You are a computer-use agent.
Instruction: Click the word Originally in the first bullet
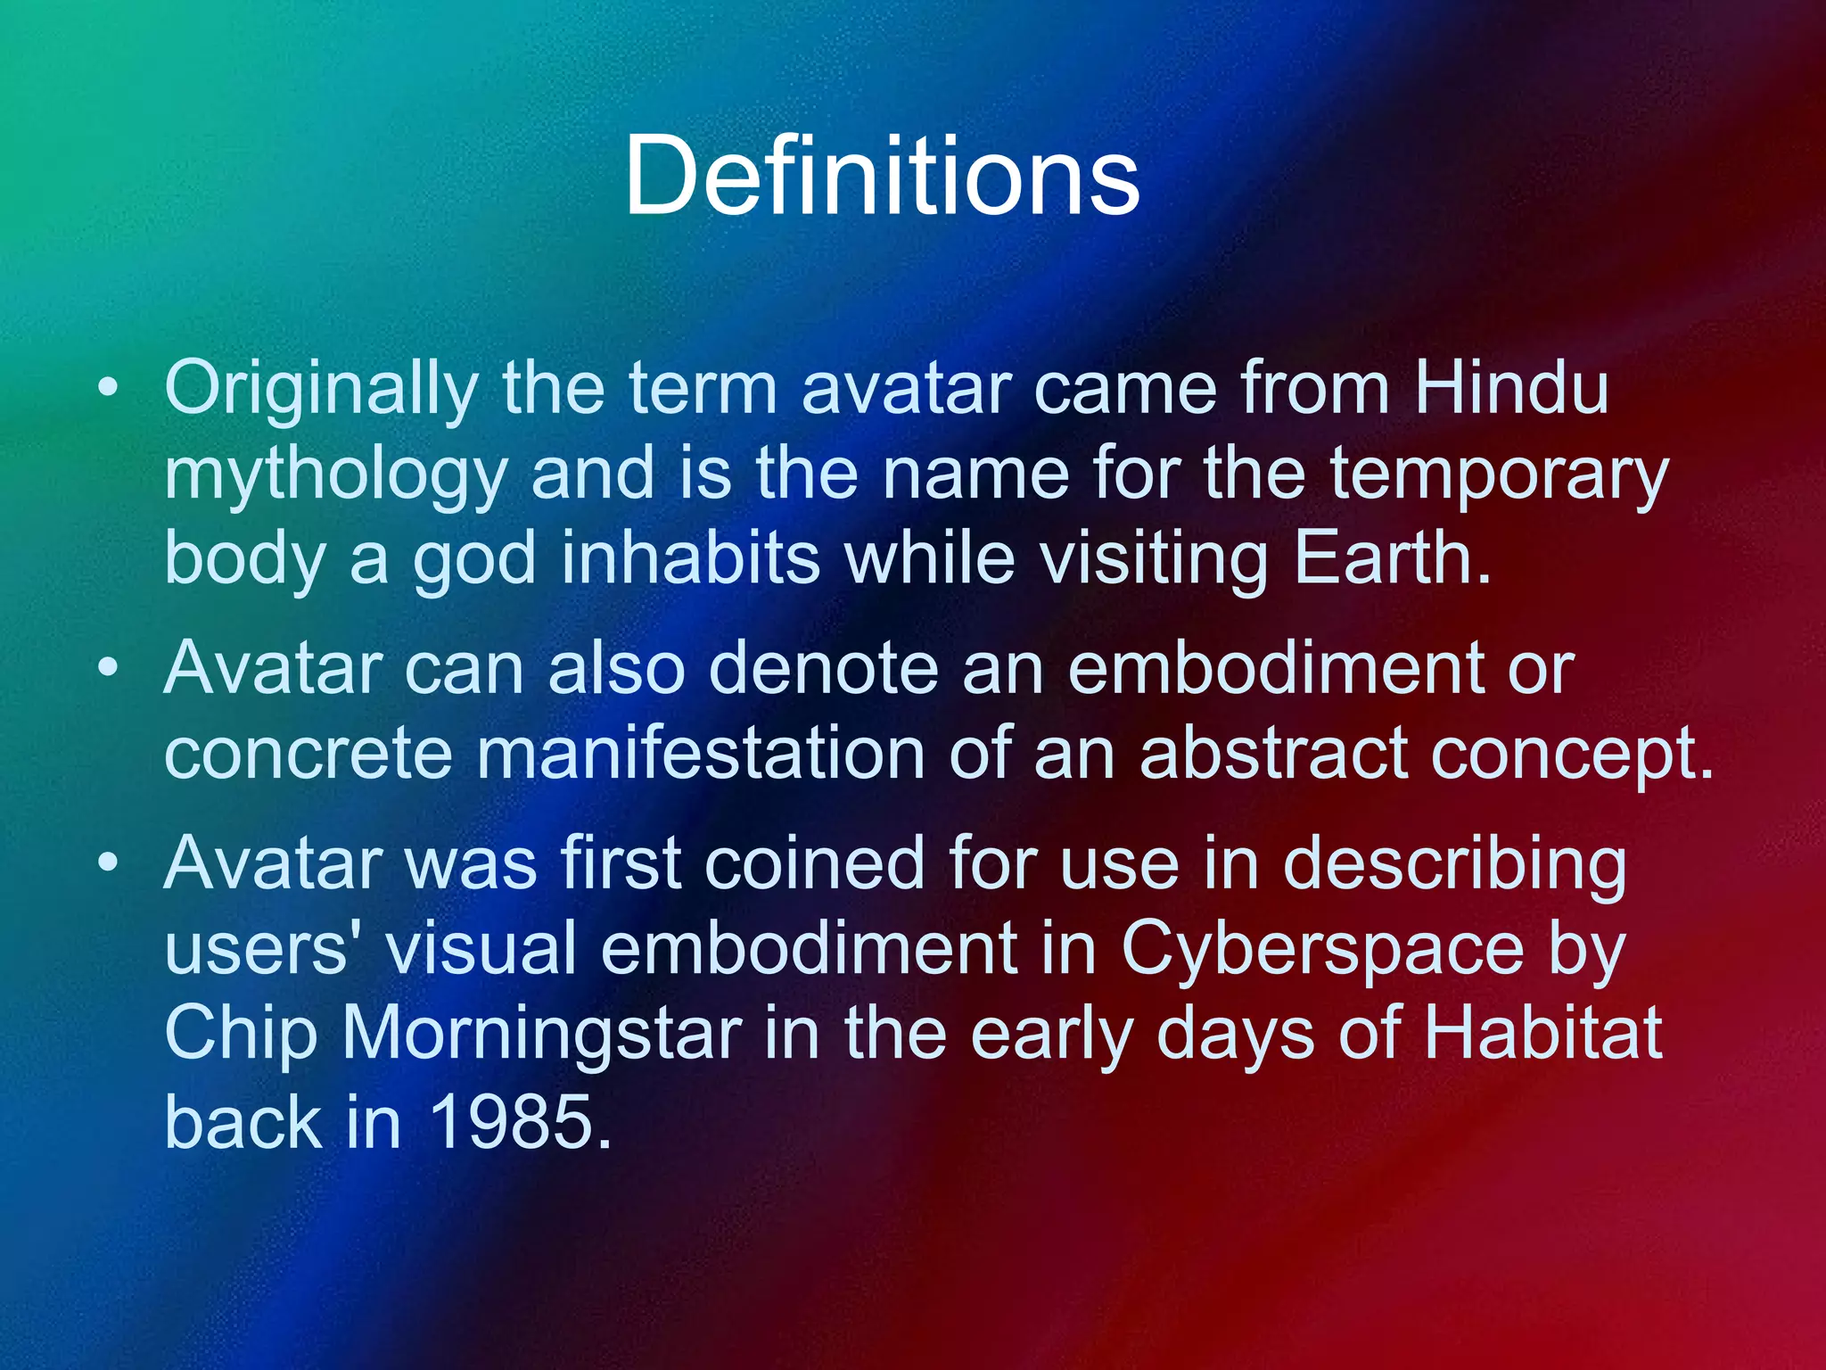(322, 389)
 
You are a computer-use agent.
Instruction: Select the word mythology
(335, 475)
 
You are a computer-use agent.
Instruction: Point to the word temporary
(1498, 475)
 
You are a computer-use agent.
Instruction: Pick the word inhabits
(690, 558)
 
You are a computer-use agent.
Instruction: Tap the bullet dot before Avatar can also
(108, 668)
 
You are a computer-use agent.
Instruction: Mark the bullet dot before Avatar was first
(108, 862)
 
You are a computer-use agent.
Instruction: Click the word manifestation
(701, 753)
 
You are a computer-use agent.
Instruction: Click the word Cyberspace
(1322, 948)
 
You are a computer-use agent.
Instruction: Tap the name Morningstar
(542, 1034)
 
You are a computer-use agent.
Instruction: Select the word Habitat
(1542, 1034)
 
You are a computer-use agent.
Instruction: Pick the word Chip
(241, 1034)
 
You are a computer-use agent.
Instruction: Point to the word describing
(1454, 864)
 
